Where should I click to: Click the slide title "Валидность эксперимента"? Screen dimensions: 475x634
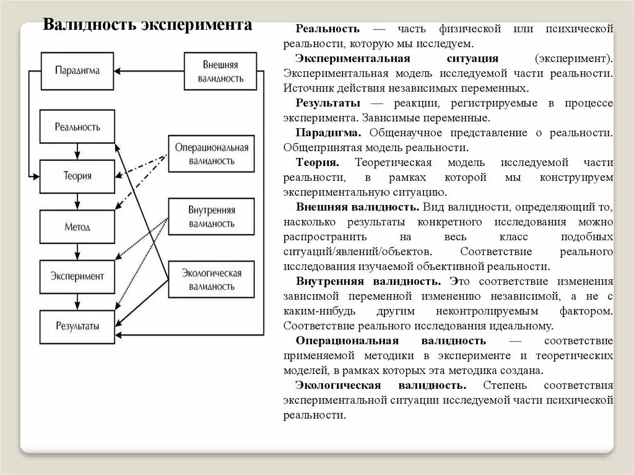click(147, 25)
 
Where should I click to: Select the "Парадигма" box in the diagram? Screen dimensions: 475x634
click(77, 71)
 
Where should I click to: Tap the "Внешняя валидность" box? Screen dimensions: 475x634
click(220, 71)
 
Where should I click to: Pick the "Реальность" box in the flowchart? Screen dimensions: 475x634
click(77, 127)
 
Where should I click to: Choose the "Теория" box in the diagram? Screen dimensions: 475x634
click(77, 176)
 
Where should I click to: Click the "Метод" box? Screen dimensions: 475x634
click(77, 227)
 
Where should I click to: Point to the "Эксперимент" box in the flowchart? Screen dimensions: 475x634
click(77, 276)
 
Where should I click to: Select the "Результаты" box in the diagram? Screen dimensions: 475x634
click(77, 326)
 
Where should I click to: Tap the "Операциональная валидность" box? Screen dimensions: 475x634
click(211, 154)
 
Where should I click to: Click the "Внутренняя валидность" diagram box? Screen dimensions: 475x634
click(211, 217)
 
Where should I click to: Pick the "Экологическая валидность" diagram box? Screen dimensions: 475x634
click(211, 279)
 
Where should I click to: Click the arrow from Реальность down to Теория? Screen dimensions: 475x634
click(77, 151)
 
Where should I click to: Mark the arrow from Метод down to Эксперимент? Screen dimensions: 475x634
click(77, 251)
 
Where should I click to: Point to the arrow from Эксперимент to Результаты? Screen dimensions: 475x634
click(77, 301)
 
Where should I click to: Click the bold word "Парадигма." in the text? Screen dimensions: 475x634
click(328, 133)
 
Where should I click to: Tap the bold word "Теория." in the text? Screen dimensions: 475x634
click(317, 162)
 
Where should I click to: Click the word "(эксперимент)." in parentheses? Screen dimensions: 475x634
click(574, 58)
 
